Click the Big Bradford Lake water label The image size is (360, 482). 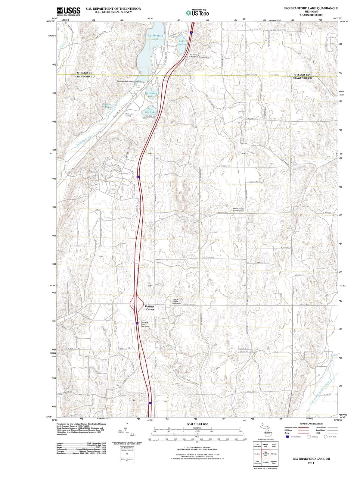click(155, 37)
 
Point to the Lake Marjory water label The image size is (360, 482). click(182, 42)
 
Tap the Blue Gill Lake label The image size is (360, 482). click(150, 111)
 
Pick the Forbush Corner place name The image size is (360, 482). click(150, 308)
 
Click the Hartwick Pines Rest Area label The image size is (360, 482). click(145, 324)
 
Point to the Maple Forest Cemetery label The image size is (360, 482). click(176, 301)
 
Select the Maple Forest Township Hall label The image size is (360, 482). click(238, 210)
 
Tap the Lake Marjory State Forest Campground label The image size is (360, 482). click(199, 56)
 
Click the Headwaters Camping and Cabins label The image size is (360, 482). click(130, 82)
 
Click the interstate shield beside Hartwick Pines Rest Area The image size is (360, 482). click(137, 324)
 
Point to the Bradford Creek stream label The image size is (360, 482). click(83, 141)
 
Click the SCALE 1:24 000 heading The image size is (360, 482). click(197, 424)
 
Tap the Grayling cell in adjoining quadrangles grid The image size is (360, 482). click(265, 462)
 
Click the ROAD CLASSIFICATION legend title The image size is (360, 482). click(311, 424)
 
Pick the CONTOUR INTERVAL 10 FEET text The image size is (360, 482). click(197, 448)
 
